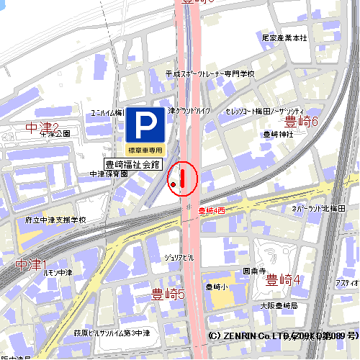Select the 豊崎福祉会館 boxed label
(132, 164)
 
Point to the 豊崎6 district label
(301, 121)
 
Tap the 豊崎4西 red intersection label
(212, 210)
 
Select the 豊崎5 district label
(168, 294)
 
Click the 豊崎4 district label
(283, 279)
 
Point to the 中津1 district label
(30, 264)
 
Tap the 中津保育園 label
(108, 174)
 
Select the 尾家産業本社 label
(284, 37)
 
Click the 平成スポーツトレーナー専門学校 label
(210, 73)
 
